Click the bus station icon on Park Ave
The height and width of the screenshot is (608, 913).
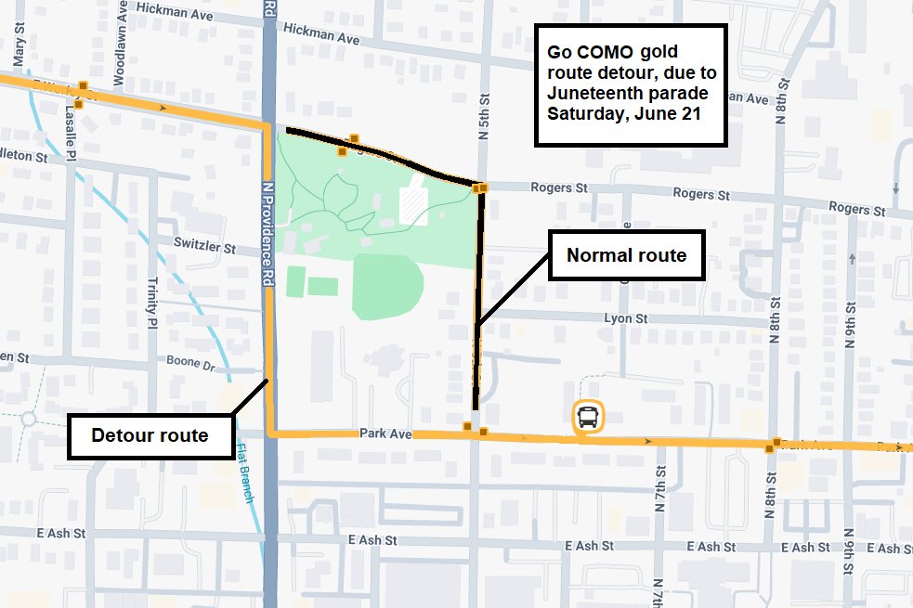(x=588, y=416)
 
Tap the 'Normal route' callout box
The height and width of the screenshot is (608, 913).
(x=626, y=255)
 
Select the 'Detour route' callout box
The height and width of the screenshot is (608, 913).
(x=150, y=435)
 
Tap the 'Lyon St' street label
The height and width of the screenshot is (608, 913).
(x=625, y=318)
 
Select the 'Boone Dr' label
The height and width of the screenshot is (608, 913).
(x=190, y=362)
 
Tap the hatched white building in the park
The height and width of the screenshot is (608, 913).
(x=413, y=204)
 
